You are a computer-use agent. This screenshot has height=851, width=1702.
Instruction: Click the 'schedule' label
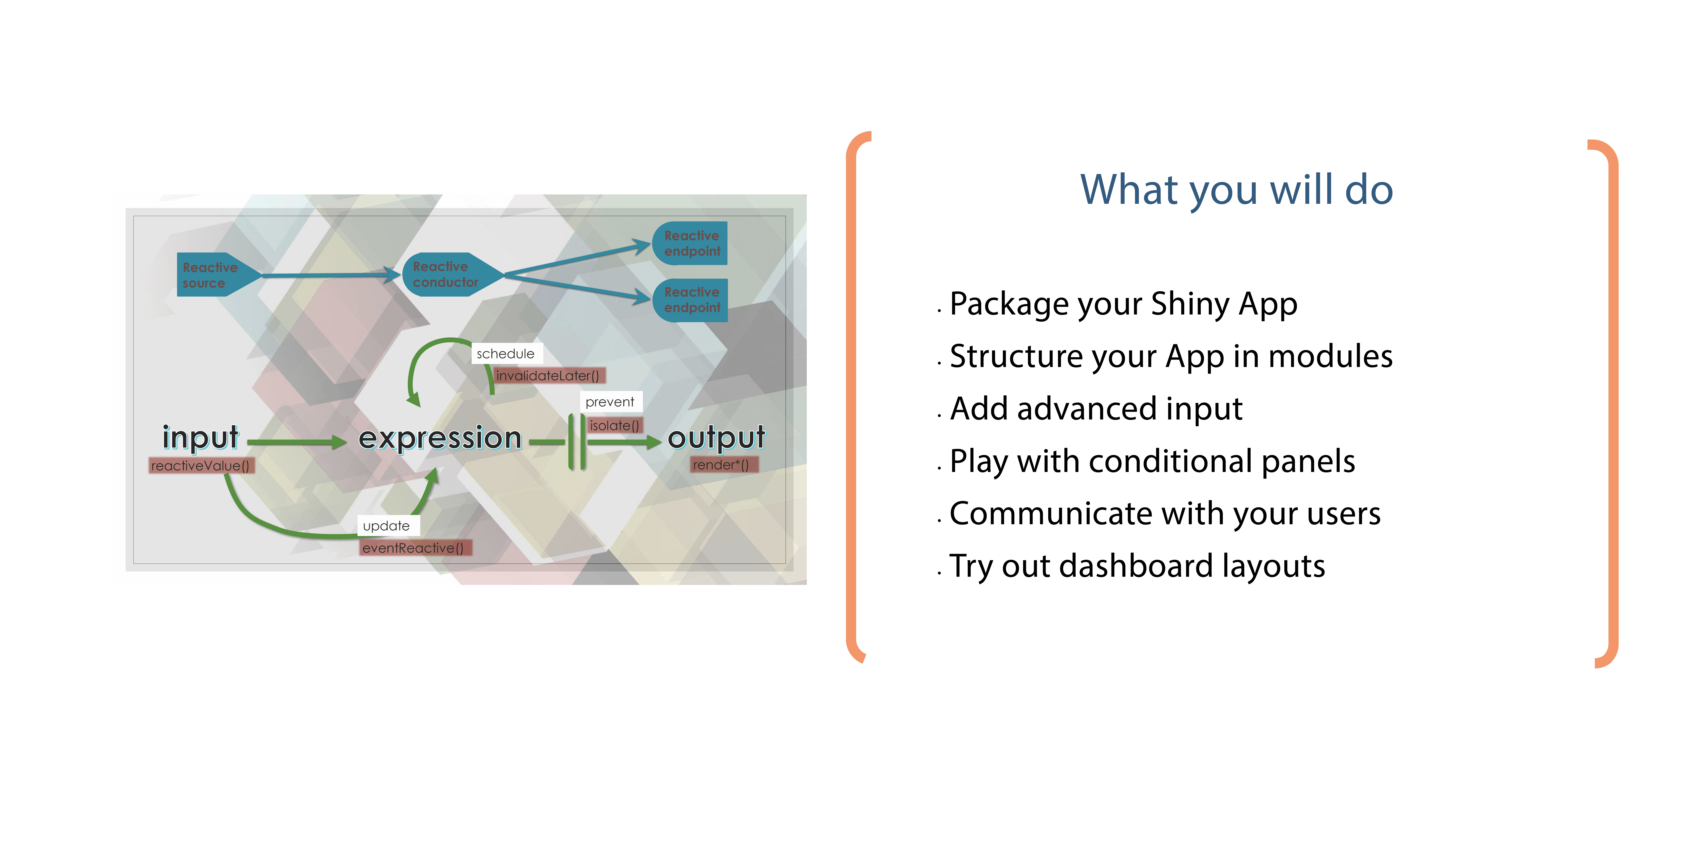[506, 354]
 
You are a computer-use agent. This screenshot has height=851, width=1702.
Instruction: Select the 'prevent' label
[610, 402]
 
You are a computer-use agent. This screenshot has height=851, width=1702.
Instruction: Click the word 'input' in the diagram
[200, 437]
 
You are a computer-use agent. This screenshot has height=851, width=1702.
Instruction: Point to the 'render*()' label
[721, 464]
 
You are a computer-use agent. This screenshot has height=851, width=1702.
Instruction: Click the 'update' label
[387, 526]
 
